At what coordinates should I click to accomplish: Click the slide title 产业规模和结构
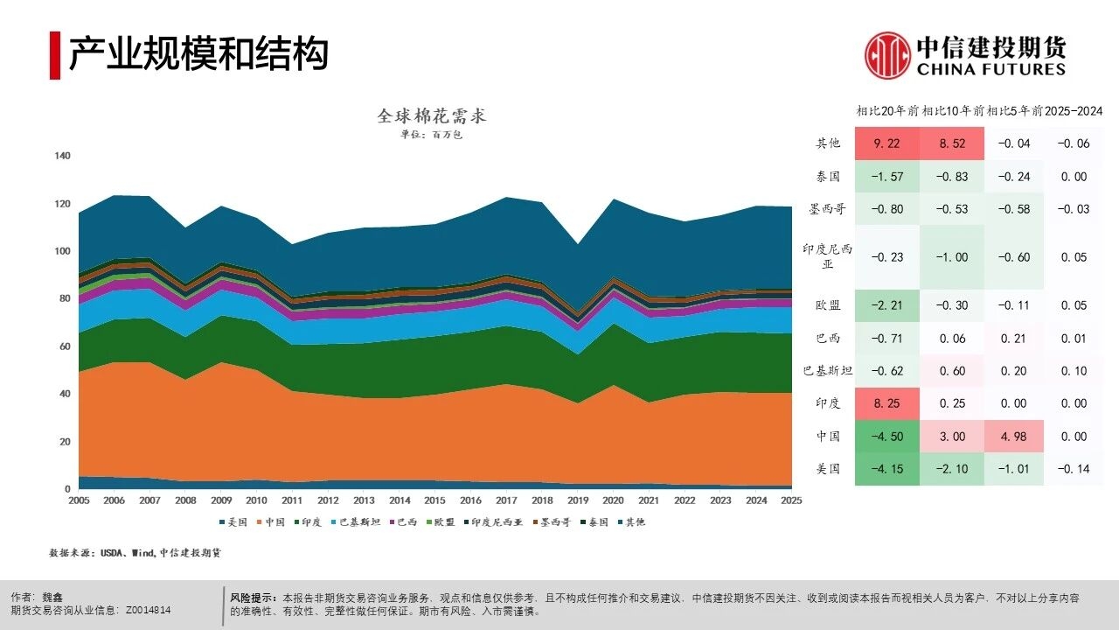[198, 54]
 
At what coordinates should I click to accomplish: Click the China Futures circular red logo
[888, 55]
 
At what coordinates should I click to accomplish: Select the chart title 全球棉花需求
[431, 115]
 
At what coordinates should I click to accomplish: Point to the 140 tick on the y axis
[62, 156]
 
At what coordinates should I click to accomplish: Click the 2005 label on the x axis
[79, 500]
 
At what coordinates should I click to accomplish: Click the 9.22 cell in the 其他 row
[886, 143]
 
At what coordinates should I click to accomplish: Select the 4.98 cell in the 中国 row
[1015, 436]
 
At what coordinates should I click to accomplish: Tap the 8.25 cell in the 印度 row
[886, 403]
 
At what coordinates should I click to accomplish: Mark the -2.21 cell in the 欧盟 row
[886, 305]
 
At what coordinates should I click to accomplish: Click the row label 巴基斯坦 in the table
[822, 371]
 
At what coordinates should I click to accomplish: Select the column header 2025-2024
[1074, 111]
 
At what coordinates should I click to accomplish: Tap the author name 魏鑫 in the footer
[54, 596]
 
